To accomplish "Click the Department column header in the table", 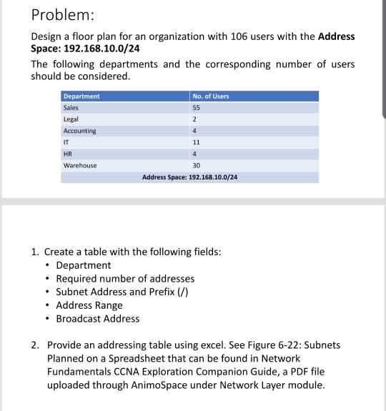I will (81, 96).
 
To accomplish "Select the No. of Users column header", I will (211, 96).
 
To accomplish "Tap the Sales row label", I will (71, 108).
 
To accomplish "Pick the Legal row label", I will (71, 119).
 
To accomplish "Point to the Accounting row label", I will (79, 131).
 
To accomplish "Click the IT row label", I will (66, 142).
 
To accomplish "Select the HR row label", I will (68, 154).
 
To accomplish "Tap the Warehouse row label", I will (80, 165).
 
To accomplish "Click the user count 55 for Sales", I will (197, 108).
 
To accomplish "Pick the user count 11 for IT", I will (197, 142).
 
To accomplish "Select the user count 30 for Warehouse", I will (197, 165).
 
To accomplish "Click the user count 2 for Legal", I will (194, 119).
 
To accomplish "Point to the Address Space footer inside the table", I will (189, 176).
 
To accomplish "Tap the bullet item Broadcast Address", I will (98, 319).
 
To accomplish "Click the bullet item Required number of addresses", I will (125, 279).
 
